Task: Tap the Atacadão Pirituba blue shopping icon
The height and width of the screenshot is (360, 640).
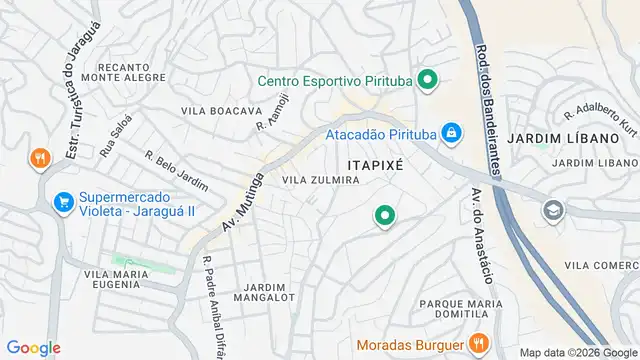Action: pyautogui.click(x=452, y=133)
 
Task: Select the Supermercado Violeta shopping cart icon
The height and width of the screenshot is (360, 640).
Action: pyautogui.click(x=63, y=202)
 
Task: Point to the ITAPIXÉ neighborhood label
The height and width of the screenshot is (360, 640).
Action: pyautogui.click(x=374, y=164)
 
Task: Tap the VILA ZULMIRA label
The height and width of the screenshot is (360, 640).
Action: pyautogui.click(x=321, y=180)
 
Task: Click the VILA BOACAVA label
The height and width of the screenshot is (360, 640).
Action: pyautogui.click(x=221, y=110)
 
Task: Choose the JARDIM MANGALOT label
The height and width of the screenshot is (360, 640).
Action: pyautogui.click(x=264, y=290)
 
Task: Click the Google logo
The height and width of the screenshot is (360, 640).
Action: pyautogui.click(x=34, y=348)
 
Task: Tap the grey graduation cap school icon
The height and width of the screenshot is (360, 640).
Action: pyautogui.click(x=552, y=210)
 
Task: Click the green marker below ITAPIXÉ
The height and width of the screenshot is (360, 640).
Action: pyautogui.click(x=384, y=214)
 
